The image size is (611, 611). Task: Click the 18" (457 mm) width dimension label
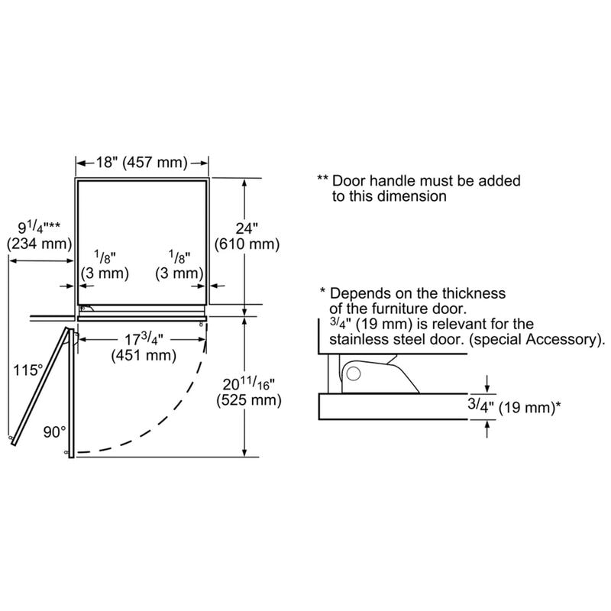click(x=142, y=163)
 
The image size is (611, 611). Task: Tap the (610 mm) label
click(x=247, y=244)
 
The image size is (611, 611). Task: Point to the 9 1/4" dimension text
click(x=39, y=228)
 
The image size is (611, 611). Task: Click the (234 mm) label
click(x=40, y=244)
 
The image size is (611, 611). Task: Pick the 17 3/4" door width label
click(x=144, y=339)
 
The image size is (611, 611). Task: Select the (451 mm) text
click(x=144, y=355)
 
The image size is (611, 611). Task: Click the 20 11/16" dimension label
click(x=249, y=384)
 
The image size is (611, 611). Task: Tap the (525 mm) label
click(x=249, y=400)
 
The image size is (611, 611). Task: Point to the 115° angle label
click(x=28, y=370)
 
